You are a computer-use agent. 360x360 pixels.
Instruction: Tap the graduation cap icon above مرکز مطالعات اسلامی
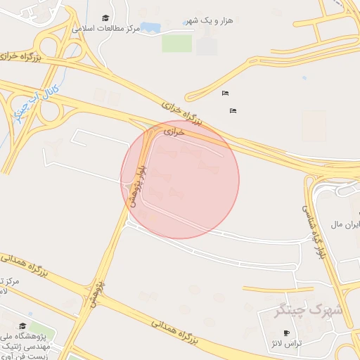[105, 18]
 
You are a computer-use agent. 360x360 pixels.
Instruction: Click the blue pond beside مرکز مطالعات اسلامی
[149, 27]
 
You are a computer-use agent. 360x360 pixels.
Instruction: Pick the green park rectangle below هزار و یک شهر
[176, 43]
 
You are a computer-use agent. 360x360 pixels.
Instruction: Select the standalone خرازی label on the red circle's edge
[174, 131]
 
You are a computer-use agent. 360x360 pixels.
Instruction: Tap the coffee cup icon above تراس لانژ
[285, 333]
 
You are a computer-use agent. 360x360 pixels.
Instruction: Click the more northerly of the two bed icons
[225, 94]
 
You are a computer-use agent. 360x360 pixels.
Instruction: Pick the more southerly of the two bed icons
[233, 110]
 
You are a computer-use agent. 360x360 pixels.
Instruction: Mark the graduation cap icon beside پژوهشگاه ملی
[22, 326]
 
